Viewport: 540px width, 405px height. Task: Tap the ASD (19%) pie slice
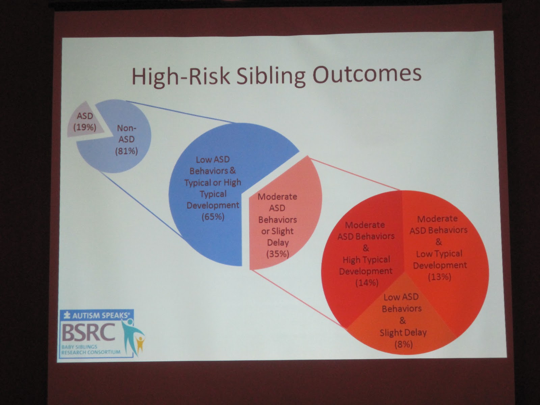point(84,121)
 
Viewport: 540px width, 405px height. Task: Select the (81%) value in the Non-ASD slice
point(127,151)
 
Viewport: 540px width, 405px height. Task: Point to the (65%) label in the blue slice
point(213,217)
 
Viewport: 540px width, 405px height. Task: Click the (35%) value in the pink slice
point(278,254)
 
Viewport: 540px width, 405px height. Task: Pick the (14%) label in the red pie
point(367,282)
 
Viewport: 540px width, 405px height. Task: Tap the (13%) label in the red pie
point(440,277)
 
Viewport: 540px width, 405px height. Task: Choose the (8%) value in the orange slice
point(403,344)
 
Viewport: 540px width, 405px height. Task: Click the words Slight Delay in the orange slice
point(403,332)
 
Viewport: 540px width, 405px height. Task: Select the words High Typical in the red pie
point(366,260)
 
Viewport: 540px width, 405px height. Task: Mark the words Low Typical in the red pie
point(439,254)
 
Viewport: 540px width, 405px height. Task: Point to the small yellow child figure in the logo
point(140,344)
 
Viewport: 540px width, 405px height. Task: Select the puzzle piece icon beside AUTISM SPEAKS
point(67,315)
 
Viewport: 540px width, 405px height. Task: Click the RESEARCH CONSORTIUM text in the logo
point(91,352)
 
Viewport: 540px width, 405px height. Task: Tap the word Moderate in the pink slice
point(277,196)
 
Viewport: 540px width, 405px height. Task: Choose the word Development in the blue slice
point(213,205)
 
